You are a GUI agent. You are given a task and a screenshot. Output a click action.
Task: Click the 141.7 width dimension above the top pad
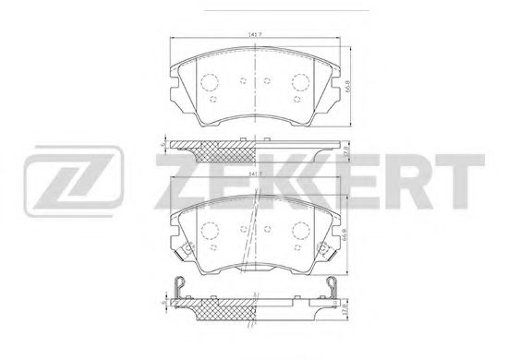coord(252,36)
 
